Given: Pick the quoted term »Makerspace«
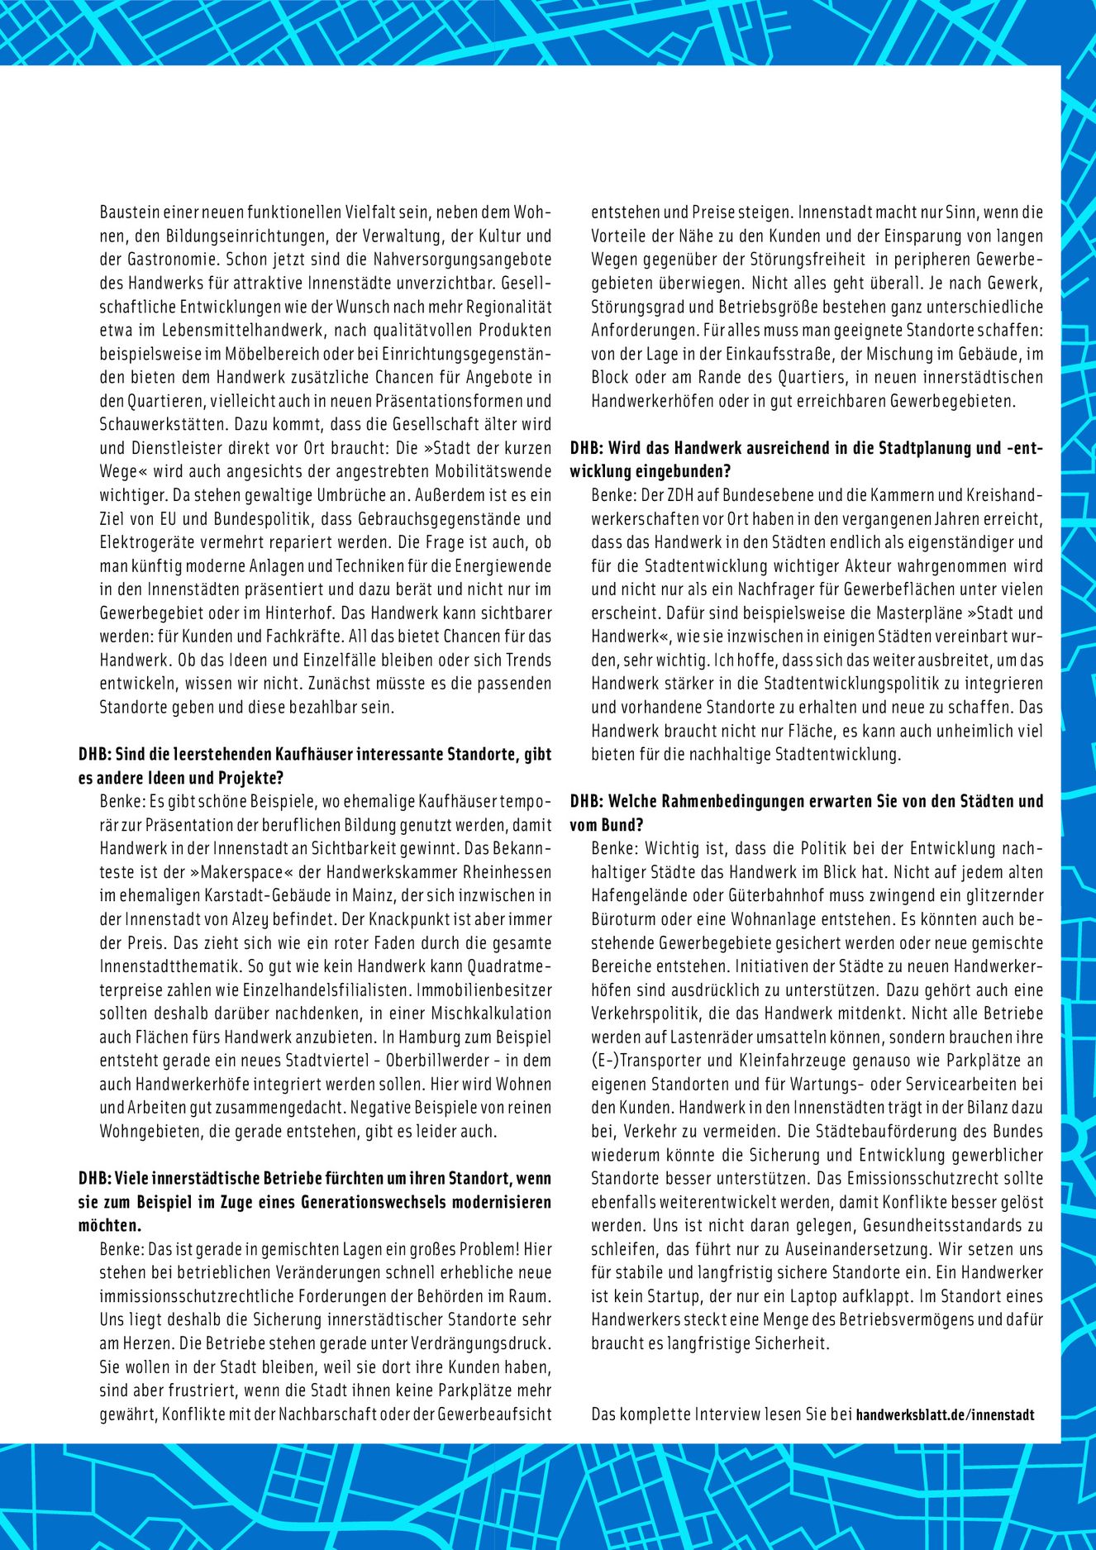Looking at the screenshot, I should click(244, 872).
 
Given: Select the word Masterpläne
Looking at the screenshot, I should click(896, 613).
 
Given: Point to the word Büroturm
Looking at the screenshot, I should click(621, 918).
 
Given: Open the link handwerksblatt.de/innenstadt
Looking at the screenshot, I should click(945, 1414).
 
